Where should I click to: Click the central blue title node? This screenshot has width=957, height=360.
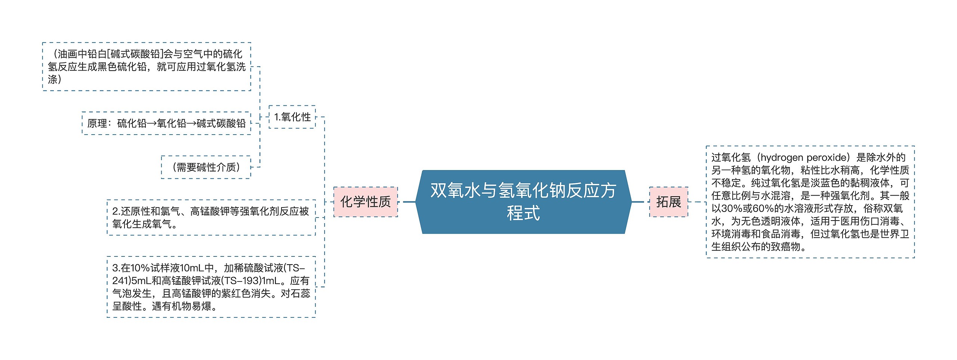point(523,202)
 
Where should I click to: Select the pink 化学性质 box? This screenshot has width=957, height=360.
point(365,202)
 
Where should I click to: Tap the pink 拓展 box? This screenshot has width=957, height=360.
point(668,202)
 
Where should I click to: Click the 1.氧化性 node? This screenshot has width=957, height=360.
point(292,117)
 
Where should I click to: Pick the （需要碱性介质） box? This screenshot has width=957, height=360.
point(206,167)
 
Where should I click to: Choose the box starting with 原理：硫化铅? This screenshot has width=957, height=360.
point(166,123)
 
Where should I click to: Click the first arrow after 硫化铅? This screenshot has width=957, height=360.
point(152,123)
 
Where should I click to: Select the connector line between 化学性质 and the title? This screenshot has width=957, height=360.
point(407,202)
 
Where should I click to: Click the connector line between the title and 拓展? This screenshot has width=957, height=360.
point(640,202)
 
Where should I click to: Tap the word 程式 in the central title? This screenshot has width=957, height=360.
point(523,213)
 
